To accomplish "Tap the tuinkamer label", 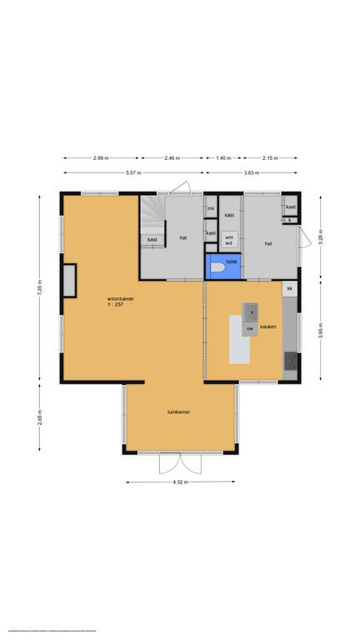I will point(178,412).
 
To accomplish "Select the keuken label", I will point(267,327).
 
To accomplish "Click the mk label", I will point(212,207).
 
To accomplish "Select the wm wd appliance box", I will point(228,239).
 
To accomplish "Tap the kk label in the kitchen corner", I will point(290,288).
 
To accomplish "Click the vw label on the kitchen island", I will point(248,328).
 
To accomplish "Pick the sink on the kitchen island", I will point(249,313).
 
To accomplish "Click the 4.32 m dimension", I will point(178,482).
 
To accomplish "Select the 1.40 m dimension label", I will point(222,157).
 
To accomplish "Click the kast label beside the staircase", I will point(152,240).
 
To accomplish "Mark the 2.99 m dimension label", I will point(101,157).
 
